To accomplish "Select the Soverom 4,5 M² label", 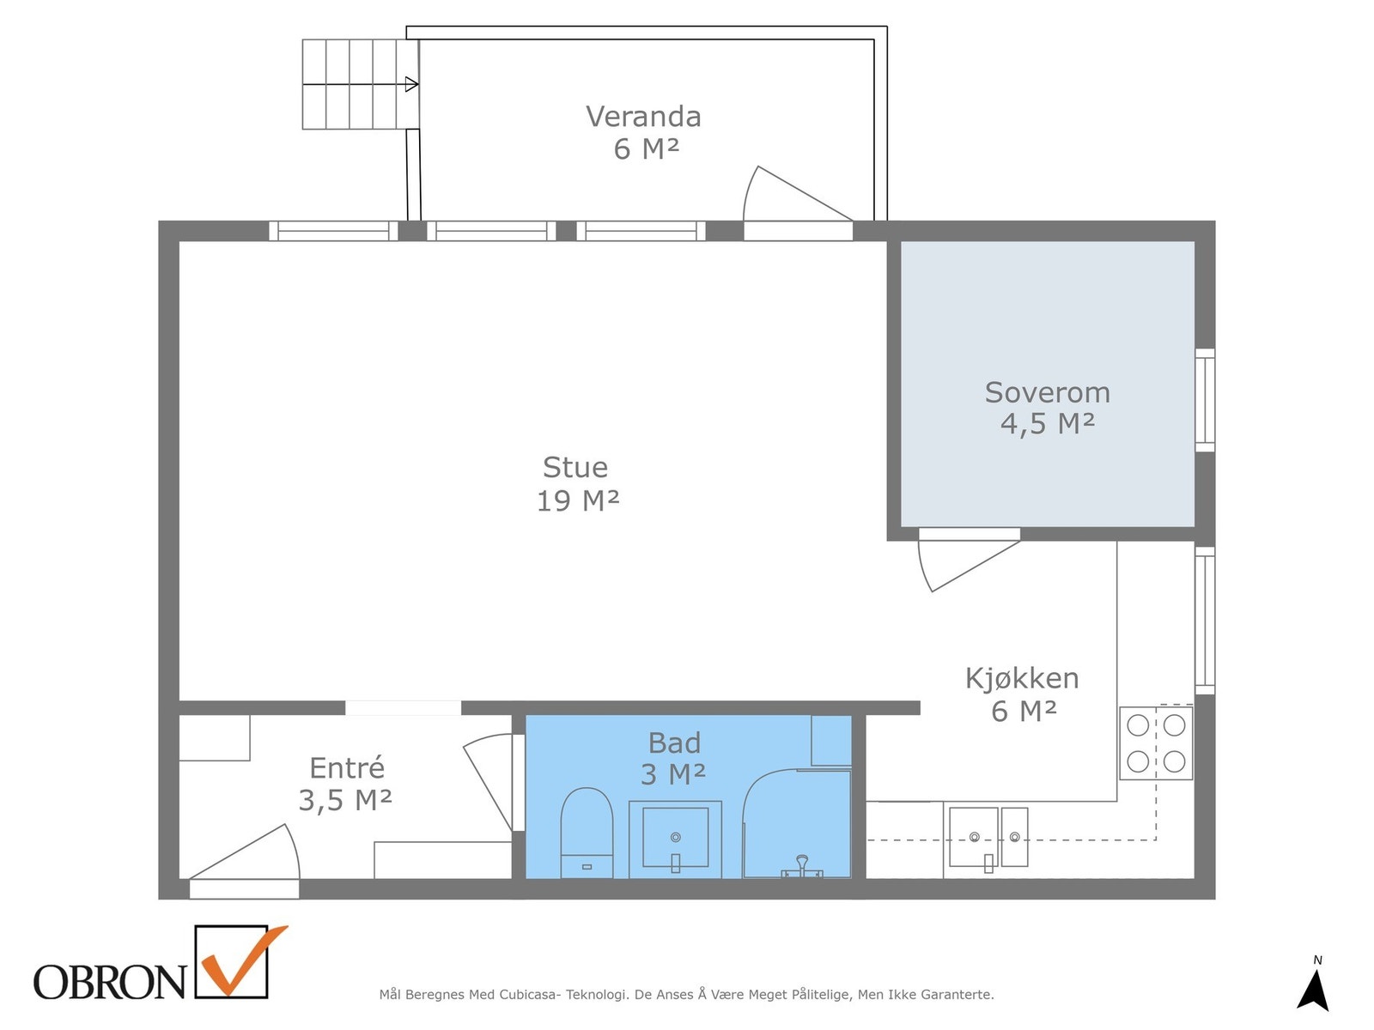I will click(1047, 407).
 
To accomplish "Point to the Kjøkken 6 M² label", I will click(1022, 694).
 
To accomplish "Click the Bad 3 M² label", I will click(674, 758).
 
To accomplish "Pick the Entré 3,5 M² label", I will click(346, 783).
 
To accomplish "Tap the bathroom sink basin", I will click(675, 838).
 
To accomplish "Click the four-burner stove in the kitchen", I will click(1156, 742).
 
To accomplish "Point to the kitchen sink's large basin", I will click(974, 836).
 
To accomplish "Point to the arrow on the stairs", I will click(411, 84).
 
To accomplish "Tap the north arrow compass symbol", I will click(1313, 989).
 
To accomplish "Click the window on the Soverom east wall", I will click(1205, 400).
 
